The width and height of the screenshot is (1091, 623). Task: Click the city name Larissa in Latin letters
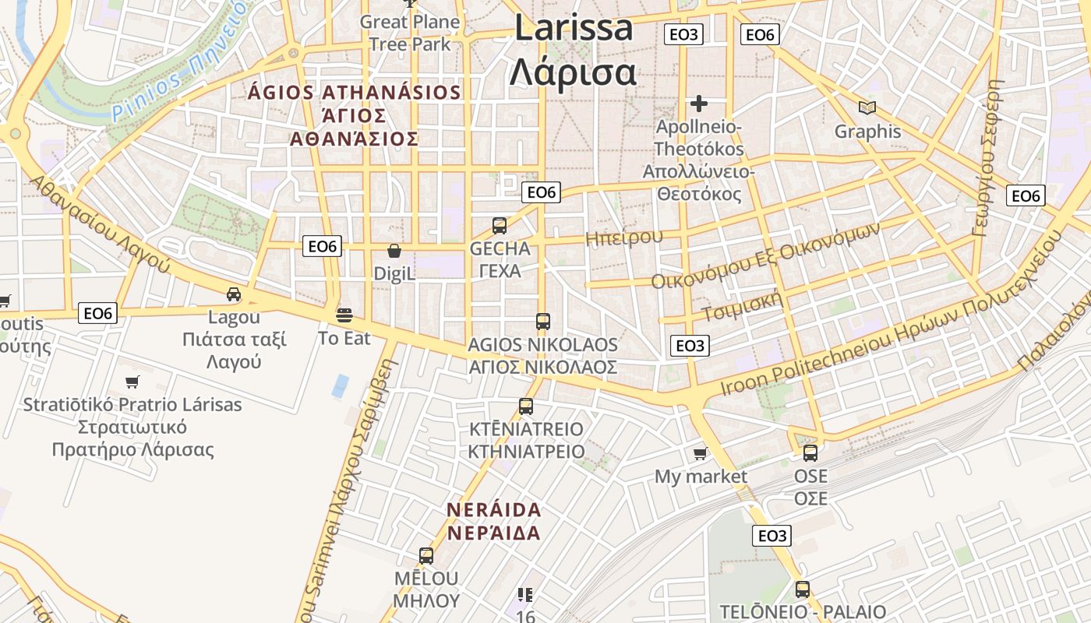coord(574,28)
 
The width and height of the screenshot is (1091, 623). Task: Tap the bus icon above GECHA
coord(500,226)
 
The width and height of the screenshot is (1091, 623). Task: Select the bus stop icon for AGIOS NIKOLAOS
coord(543,321)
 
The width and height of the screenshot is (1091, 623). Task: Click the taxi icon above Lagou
coord(234,294)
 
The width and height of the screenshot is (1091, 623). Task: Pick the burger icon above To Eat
coord(344,315)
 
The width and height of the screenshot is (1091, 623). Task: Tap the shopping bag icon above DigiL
coord(394,251)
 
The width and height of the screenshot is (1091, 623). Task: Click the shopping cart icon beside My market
coord(701,453)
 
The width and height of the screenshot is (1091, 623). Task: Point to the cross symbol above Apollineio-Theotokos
coord(699,103)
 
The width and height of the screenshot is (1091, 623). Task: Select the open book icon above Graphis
coord(867,107)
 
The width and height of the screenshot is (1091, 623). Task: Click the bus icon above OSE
coord(810,452)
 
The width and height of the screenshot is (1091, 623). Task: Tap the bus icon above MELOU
coord(426,556)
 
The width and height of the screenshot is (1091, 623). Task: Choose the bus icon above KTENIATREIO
coord(526,406)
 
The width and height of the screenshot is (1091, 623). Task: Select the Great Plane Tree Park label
coord(410,33)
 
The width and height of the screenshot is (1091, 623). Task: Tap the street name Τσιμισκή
coord(741,306)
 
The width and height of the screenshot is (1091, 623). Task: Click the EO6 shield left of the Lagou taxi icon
coord(98,314)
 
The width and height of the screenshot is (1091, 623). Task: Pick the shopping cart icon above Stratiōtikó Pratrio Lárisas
coord(132,382)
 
